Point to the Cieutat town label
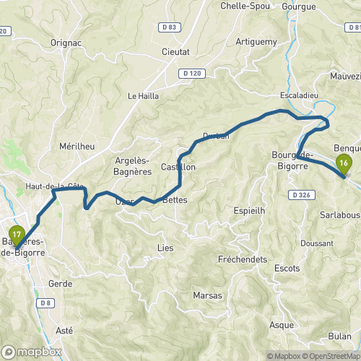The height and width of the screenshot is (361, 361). click(x=175, y=53)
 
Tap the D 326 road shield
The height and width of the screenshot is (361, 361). click(x=302, y=195)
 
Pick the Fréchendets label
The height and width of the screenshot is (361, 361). click(x=243, y=259)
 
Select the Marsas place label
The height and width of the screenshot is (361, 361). click(x=207, y=296)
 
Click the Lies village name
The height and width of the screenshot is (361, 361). click(x=165, y=247)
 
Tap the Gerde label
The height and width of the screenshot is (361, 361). click(x=60, y=284)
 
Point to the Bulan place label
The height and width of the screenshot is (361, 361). click(x=339, y=336)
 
